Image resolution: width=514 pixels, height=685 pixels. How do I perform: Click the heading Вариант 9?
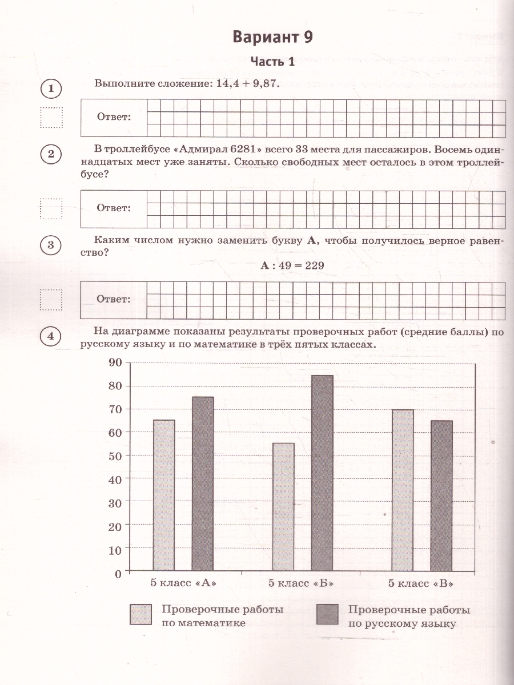(x=273, y=38)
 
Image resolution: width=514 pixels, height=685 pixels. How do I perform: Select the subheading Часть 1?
(x=273, y=62)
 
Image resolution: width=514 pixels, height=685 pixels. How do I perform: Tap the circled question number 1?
(x=51, y=88)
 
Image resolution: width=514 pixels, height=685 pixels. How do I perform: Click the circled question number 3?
(x=51, y=245)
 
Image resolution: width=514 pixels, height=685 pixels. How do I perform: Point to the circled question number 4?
(x=51, y=337)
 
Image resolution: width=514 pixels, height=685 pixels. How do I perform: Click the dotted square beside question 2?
(x=51, y=208)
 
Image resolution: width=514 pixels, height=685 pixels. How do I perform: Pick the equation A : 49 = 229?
(x=292, y=265)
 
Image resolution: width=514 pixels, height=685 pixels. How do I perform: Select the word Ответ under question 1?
(x=114, y=117)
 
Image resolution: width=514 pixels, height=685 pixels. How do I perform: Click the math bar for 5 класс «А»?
(x=164, y=495)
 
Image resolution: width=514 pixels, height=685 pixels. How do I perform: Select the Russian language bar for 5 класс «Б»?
(x=322, y=473)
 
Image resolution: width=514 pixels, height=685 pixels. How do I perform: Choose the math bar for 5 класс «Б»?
(x=284, y=506)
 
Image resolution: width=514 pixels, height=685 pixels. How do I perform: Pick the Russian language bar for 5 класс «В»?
(x=441, y=495)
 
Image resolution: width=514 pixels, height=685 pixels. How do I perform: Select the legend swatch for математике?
(x=140, y=615)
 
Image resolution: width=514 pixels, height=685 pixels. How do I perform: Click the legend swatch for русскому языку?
(x=327, y=615)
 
